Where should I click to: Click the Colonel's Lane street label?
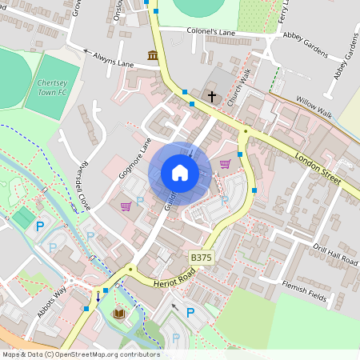(x=211, y=33)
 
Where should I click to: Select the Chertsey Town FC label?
(x=54, y=88)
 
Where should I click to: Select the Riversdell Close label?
(x=83, y=191)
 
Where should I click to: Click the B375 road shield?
(x=202, y=257)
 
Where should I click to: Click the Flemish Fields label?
(x=307, y=289)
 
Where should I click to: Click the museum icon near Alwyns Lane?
(x=152, y=54)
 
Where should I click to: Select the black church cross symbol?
(x=212, y=96)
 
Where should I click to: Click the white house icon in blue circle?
(x=179, y=172)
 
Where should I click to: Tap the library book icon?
(x=119, y=314)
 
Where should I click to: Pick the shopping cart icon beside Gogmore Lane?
(x=126, y=206)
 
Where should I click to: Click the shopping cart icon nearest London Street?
(x=225, y=164)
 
